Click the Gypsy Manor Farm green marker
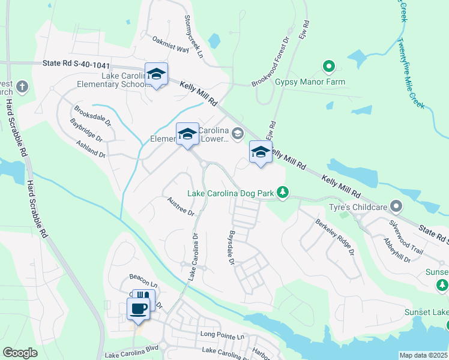[328, 67]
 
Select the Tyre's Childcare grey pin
[396, 206]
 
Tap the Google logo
[20, 353]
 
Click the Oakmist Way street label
[171, 46]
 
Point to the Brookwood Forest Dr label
[271, 61]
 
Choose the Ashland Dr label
[91, 149]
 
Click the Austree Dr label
[181, 206]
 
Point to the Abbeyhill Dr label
[396, 249]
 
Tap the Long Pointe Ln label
[223, 336]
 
